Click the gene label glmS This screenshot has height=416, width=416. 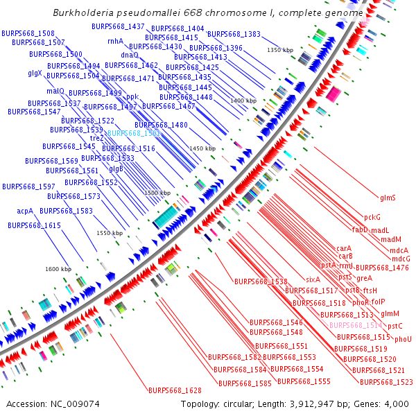point(388,198)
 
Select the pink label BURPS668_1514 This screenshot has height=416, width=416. point(356,324)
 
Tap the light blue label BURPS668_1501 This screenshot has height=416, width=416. point(134,132)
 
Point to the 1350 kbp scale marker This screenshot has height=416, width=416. point(281,50)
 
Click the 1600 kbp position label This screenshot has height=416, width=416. point(58,269)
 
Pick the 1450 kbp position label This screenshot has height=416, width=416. point(202,148)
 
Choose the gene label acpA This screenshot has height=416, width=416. point(25,210)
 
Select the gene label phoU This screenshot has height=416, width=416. point(403,339)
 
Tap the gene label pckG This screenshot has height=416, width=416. point(372,218)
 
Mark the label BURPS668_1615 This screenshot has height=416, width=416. point(34,225)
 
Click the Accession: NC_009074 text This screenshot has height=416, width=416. point(45,404)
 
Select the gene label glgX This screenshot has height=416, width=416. point(35,73)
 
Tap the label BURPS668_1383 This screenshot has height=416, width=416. point(234,34)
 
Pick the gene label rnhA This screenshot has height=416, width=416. point(115,42)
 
